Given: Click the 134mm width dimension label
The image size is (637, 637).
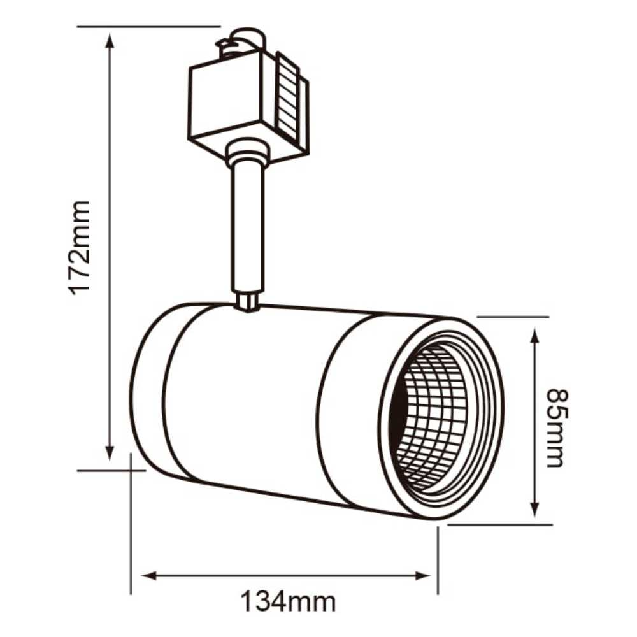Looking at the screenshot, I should tap(287, 601).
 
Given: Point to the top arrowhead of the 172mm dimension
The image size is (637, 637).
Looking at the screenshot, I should tap(110, 40).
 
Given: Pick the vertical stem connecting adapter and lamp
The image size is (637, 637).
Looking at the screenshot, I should tap(247, 229).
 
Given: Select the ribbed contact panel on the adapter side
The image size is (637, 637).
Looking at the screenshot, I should tap(290, 99).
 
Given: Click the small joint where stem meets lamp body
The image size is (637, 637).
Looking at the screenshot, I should tap(247, 302).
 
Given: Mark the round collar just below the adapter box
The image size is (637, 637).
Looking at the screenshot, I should tap(246, 154).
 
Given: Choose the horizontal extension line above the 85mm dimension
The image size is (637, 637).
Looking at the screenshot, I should tap(513, 317).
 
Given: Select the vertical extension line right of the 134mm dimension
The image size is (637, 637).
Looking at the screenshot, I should tap(438, 561).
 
